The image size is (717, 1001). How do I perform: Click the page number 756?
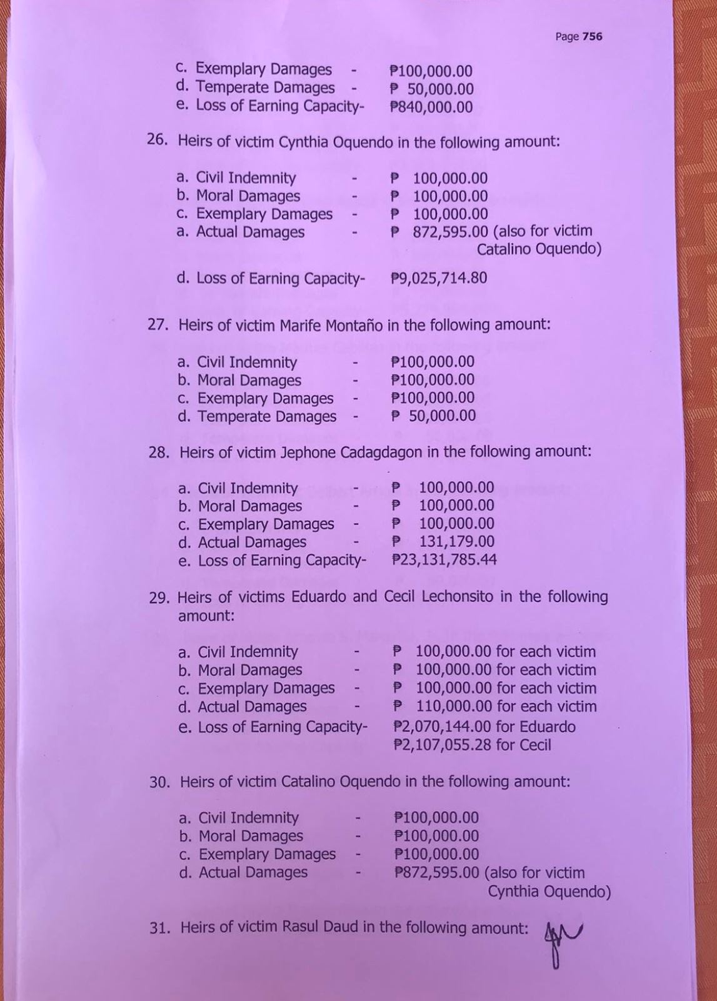[x=592, y=36]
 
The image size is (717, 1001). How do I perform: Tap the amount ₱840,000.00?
[x=431, y=107]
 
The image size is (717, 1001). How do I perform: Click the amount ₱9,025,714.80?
[x=439, y=278]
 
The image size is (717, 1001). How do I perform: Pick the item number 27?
[x=159, y=325]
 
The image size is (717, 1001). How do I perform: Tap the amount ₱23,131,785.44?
[x=444, y=560]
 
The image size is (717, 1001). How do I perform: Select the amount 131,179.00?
[x=456, y=541]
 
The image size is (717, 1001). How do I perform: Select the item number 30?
[x=159, y=782]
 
